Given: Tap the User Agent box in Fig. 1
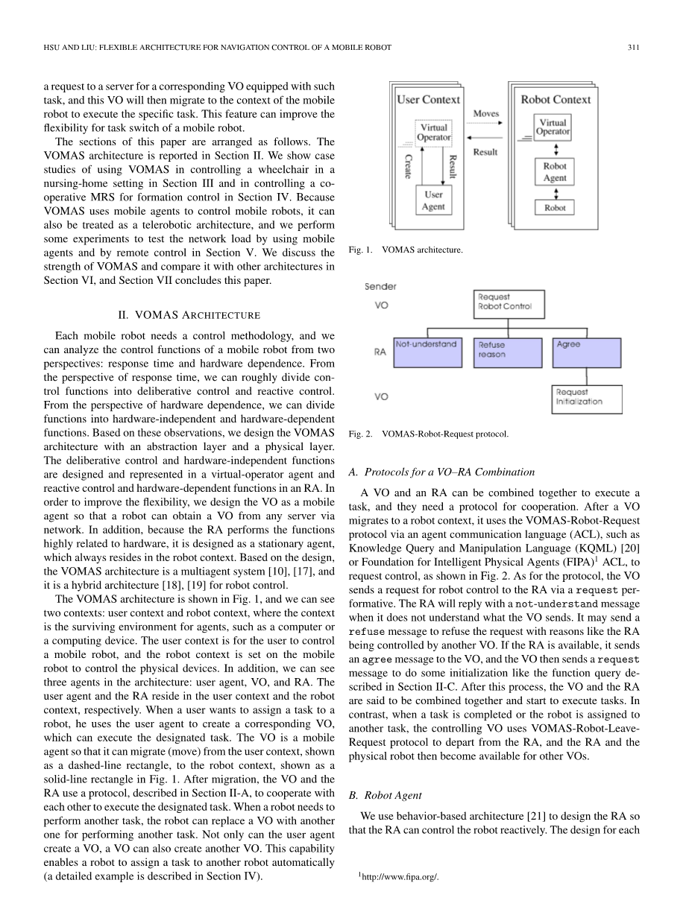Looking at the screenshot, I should (x=433, y=200).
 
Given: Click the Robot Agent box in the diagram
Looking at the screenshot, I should (x=554, y=172).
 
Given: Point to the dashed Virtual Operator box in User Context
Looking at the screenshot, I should (x=433, y=132).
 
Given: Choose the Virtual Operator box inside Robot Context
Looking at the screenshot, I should (x=553, y=127).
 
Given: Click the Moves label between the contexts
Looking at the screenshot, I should (x=486, y=113).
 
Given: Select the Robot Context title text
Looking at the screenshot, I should (x=555, y=99).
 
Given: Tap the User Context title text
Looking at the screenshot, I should (x=429, y=99).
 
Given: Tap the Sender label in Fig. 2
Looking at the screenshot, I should (x=380, y=286).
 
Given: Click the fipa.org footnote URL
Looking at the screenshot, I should (x=400, y=877).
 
